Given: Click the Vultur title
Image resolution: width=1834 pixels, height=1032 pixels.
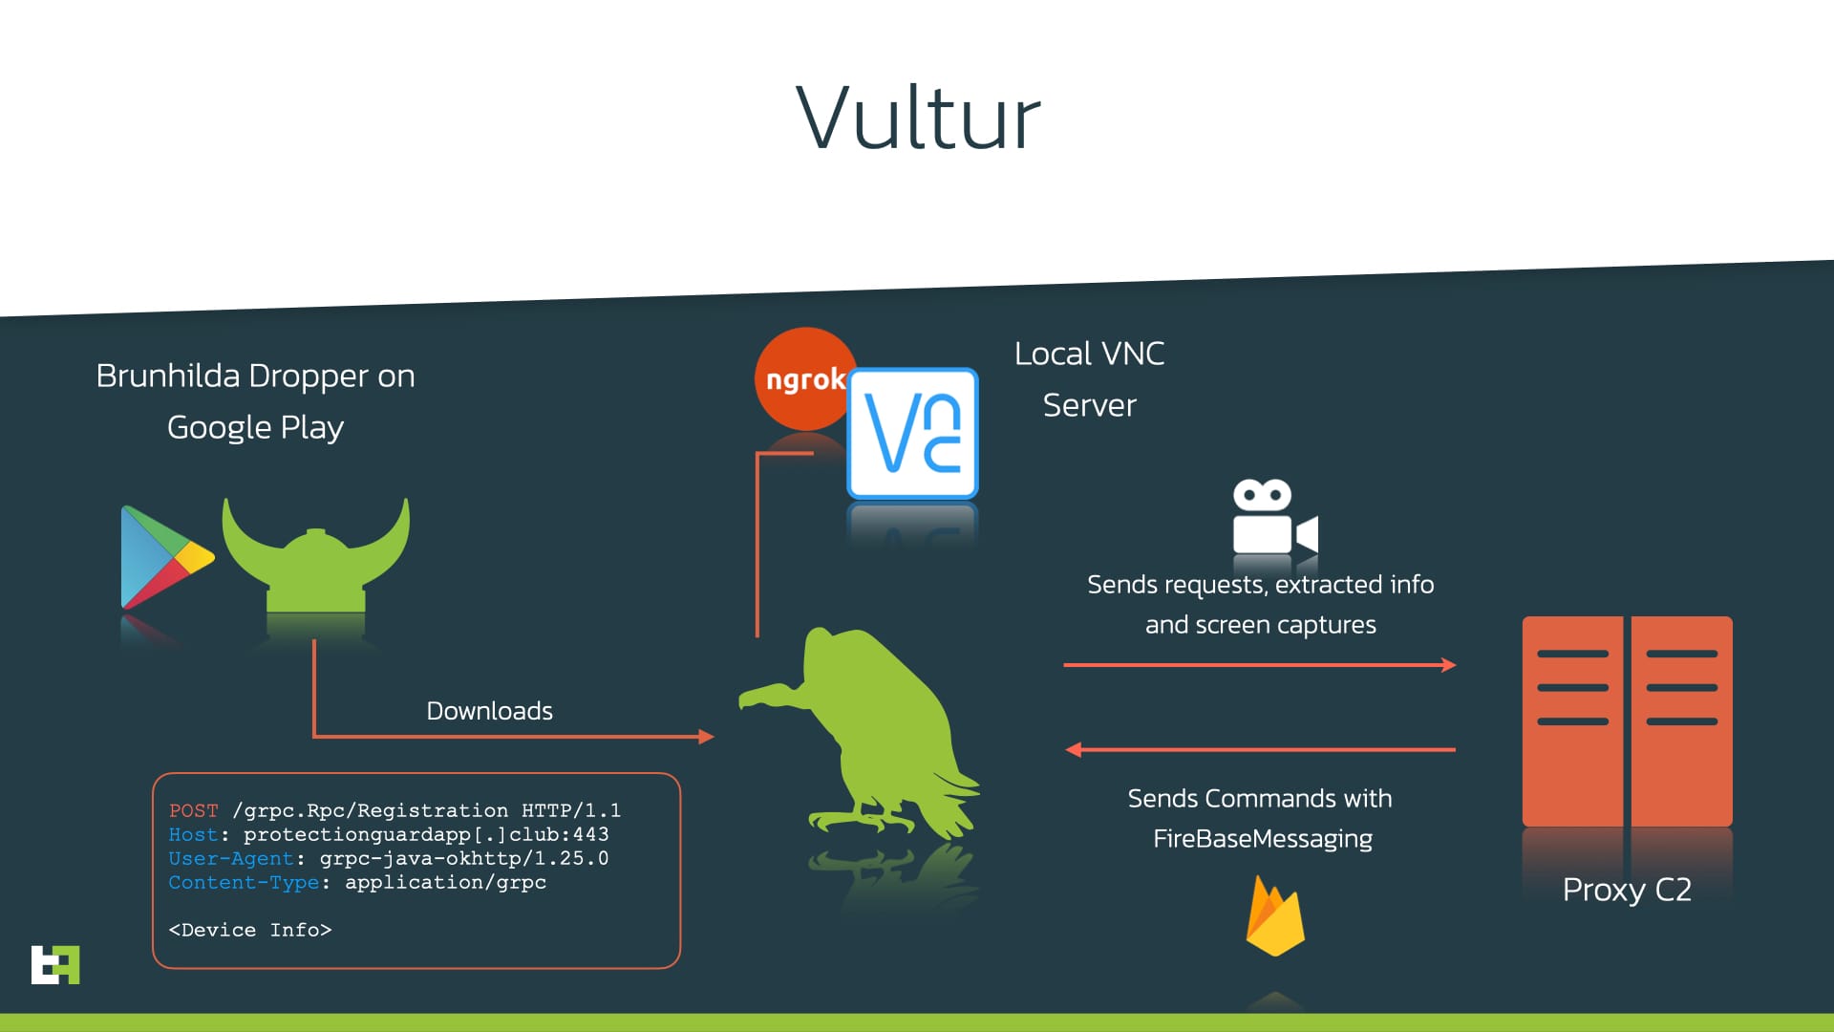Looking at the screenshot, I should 918,118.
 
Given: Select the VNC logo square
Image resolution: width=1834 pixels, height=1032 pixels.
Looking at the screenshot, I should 913,434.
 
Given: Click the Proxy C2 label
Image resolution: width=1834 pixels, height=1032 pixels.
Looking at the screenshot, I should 1627,890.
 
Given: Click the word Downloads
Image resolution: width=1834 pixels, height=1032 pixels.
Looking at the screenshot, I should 489,711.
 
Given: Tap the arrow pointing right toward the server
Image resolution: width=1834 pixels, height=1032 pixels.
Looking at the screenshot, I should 1261,665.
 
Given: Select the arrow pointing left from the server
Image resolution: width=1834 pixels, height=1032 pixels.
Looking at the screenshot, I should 1261,750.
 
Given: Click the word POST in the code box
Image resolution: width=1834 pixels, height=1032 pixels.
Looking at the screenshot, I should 193,810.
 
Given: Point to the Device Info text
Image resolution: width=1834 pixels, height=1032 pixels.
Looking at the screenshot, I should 250,930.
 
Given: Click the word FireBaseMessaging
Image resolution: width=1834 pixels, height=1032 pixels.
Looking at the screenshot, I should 1262,839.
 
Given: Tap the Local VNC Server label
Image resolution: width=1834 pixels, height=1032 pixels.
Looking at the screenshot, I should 1089,379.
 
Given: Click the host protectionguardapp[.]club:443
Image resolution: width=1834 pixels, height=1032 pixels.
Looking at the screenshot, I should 426,834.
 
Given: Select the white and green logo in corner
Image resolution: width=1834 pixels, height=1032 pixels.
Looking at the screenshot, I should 55,964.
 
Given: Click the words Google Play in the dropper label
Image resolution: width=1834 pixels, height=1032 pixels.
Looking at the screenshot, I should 255,427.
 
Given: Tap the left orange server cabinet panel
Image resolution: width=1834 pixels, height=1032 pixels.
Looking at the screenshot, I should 1572,721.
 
